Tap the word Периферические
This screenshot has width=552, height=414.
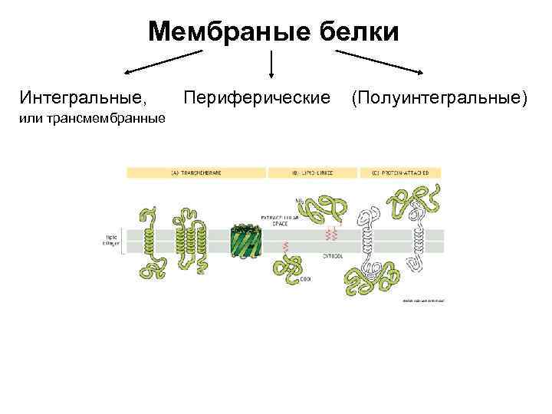point(258,98)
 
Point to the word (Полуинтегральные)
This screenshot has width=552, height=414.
point(439,98)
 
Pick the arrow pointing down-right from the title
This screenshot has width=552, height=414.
point(379,62)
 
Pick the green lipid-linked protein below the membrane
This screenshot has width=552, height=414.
point(291,268)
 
